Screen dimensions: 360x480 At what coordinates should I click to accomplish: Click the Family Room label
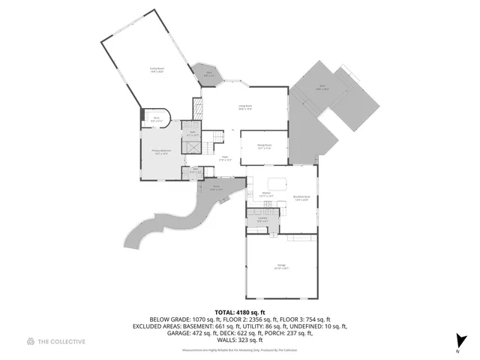coord(157,70)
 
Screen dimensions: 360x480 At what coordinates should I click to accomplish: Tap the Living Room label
coord(245,108)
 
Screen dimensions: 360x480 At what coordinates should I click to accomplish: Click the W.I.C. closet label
coord(157,119)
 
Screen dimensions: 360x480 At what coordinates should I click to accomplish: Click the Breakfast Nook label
coord(301,198)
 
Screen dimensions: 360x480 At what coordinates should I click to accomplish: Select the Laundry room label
coord(262,220)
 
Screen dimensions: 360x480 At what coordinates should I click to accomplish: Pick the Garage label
coord(281,267)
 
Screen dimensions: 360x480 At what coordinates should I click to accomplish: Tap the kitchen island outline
coord(276,183)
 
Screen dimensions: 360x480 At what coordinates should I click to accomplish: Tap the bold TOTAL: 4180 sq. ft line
coord(239,312)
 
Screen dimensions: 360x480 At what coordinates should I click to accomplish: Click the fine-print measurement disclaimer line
coord(239,350)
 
